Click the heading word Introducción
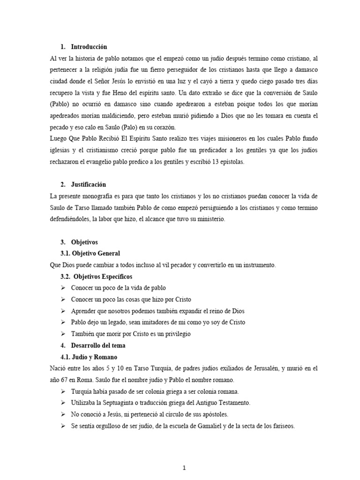click(x=89, y=47)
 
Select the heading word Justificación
click(x=89, y=185)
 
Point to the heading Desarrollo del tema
click(x=98, y=345)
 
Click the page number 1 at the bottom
click(x=185, y=454)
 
